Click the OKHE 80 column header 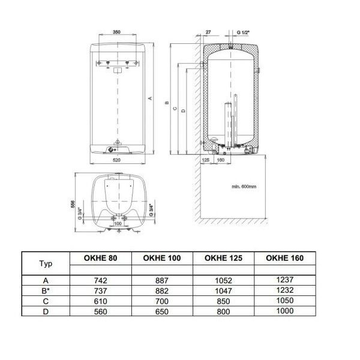101,258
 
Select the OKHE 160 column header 284,258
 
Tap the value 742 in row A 101,281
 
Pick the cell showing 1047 223,291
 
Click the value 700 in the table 162,301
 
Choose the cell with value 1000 284,311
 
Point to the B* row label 46,291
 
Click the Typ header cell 46,263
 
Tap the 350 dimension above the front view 116,32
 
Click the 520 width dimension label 116,160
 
